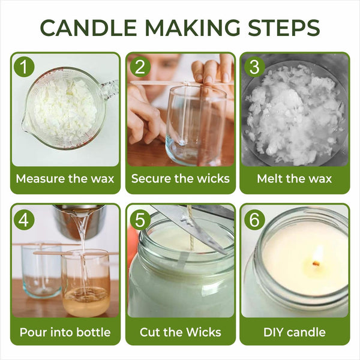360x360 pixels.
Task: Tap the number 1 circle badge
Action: [x=24, y=67]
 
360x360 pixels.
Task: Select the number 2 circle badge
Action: [x=139, y=67]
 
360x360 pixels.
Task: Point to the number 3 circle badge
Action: [x=254, y=67]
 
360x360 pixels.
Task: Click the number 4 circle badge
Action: [x=24, y=220]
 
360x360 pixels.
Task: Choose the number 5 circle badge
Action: [x=139, y=220]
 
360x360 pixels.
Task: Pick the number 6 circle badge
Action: [x=254, y=220]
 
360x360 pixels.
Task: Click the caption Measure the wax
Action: [x=65, y=179]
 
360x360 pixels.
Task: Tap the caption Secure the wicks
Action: [x=180, y=179]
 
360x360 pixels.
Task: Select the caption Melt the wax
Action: [x=295, y=179]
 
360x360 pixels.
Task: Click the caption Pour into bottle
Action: [x=65, y=331]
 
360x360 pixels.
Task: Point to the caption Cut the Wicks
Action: [x=180, y=331]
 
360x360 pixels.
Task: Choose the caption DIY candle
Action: [x=295, y=331]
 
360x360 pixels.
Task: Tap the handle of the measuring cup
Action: [x=110, y=90]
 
